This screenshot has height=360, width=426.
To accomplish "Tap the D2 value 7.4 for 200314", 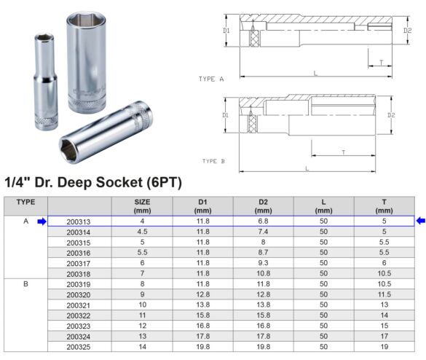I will tap(263, 232).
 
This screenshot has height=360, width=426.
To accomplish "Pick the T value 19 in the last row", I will tap(384, 347).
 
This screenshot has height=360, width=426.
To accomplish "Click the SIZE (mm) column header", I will tap(142, 206).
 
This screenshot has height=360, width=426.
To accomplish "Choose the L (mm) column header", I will tap(323, 206).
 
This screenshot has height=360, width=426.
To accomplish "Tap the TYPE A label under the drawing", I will tap(211, 78).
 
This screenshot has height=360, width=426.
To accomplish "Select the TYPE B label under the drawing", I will tap(214, 161).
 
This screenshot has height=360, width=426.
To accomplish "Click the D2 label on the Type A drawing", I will tap(407, 31).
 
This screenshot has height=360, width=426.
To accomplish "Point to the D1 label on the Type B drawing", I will tap(226, 115).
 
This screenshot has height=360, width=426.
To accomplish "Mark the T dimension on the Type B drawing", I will tap(342, 152).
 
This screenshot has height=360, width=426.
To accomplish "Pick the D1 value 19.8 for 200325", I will tap(202, 347).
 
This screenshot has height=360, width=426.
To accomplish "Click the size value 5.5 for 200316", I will tap(142, 253).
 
